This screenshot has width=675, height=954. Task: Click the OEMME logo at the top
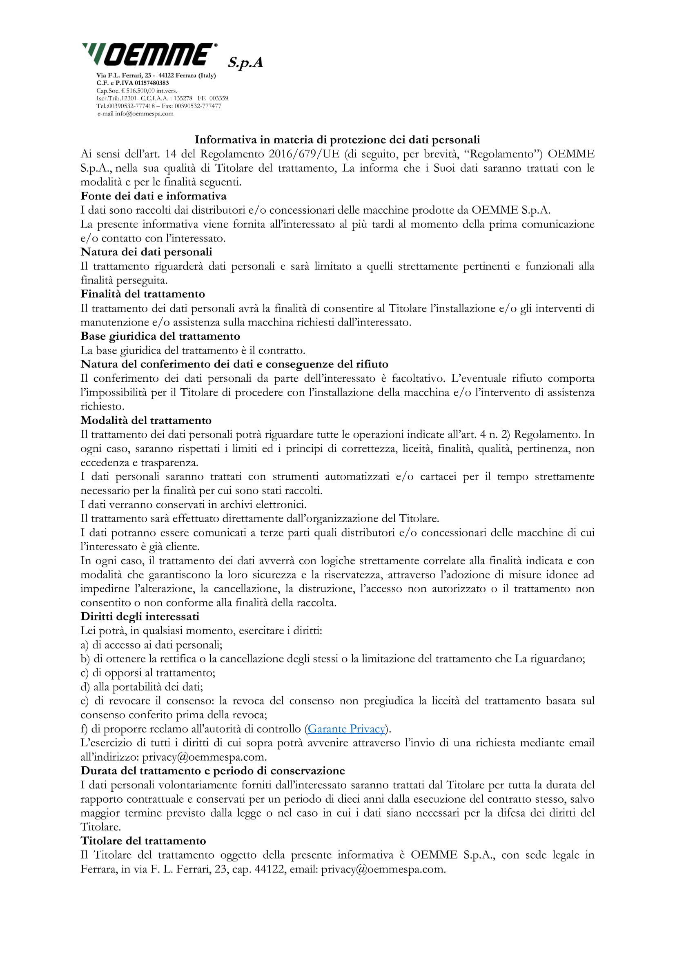pyautogui.click(x=150, y=54)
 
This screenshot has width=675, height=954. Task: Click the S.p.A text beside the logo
pyautogui.click(x=245, y=62)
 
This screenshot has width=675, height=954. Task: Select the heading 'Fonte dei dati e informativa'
pyautogui.click(x=154, y=196)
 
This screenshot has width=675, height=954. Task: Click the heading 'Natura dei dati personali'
pyautogui.click(x=147, y=252)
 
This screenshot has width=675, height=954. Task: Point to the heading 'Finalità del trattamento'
pyautogui.click(x=143, y=294)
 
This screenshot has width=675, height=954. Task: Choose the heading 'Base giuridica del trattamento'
pyautogui.click(x=160, y=336)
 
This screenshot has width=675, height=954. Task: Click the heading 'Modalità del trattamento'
pyautogui.click(x=146, y=421)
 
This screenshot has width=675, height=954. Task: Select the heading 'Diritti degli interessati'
pyautogui.click(x=140, y=617)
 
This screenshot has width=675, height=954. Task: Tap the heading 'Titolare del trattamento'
pyautogui.click(x=143, y=841)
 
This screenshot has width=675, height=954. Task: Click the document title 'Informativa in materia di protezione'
pyautogui.click(x=337, y=139)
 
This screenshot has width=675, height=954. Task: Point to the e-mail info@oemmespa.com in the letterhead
pyautogui.click(x=144, y=114)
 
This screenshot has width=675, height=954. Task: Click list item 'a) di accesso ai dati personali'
pyautogui.click(x=151, y=645)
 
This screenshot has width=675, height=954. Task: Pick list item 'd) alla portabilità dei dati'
pyautogui.click(x=142, y=687)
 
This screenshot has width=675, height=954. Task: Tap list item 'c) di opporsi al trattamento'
pyautogui.click(x=148, y=673)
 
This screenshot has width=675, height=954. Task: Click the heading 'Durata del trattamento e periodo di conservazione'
pyautogui.click(x=212, y=771)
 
